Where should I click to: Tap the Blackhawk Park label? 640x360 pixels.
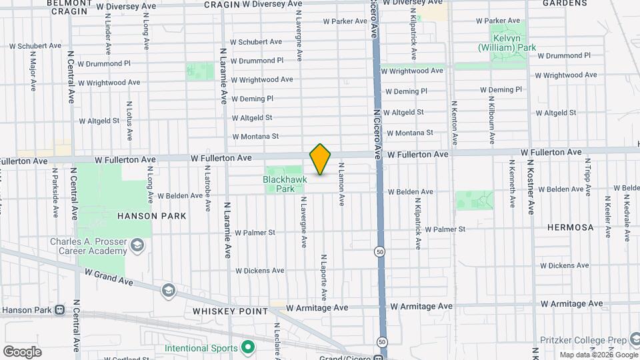click(279, 184)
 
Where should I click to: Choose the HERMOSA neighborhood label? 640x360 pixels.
click(570, 227)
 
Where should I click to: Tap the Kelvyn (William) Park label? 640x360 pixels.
click(507, 43)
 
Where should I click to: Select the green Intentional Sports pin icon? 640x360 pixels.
click(248, 347)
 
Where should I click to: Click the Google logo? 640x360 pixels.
click(21, 352)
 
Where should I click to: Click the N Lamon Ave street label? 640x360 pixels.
click(341, 183)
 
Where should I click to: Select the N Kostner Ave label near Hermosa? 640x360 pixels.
click(531, 186)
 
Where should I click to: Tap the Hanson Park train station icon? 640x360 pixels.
click(60, 310)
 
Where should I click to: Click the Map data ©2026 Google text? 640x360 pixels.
click(598, 355)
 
